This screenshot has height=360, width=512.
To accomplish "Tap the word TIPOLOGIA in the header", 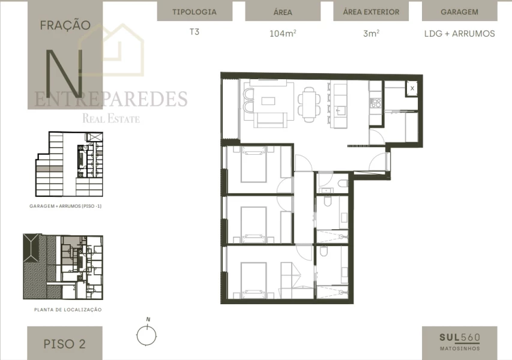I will pyautogui.click(x=194, y=11).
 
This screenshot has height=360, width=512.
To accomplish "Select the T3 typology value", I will pyautogui.click(x=194, y=32).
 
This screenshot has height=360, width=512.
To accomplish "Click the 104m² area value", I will pyautogui.click(x=282, y=34).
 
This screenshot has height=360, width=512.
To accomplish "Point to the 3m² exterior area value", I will pyautogui.click(x=370, y=34).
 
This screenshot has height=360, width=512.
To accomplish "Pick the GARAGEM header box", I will pyautogui.click(x=459, y=11).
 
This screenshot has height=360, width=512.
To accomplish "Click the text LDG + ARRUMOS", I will pyautogui.click(x=459, y=34).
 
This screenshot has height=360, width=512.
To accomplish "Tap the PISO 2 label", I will pyautogui.click(x=64, y=344).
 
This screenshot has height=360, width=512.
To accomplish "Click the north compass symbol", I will pyautogui.click(x=146, y=334).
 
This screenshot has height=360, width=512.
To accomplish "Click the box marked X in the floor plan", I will pyautogui.click(x=412, y=88).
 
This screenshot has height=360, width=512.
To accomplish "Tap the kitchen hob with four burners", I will pyautogui.click(x=376, y=103).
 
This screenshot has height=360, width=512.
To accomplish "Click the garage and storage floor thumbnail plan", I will pyautogui.click(x=70, y=164).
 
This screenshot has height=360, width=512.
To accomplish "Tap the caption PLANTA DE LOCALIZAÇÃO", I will pyautogui.click(x=68, y=310).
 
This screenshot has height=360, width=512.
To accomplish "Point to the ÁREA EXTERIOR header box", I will pyautogui.click(x=370, y=11).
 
